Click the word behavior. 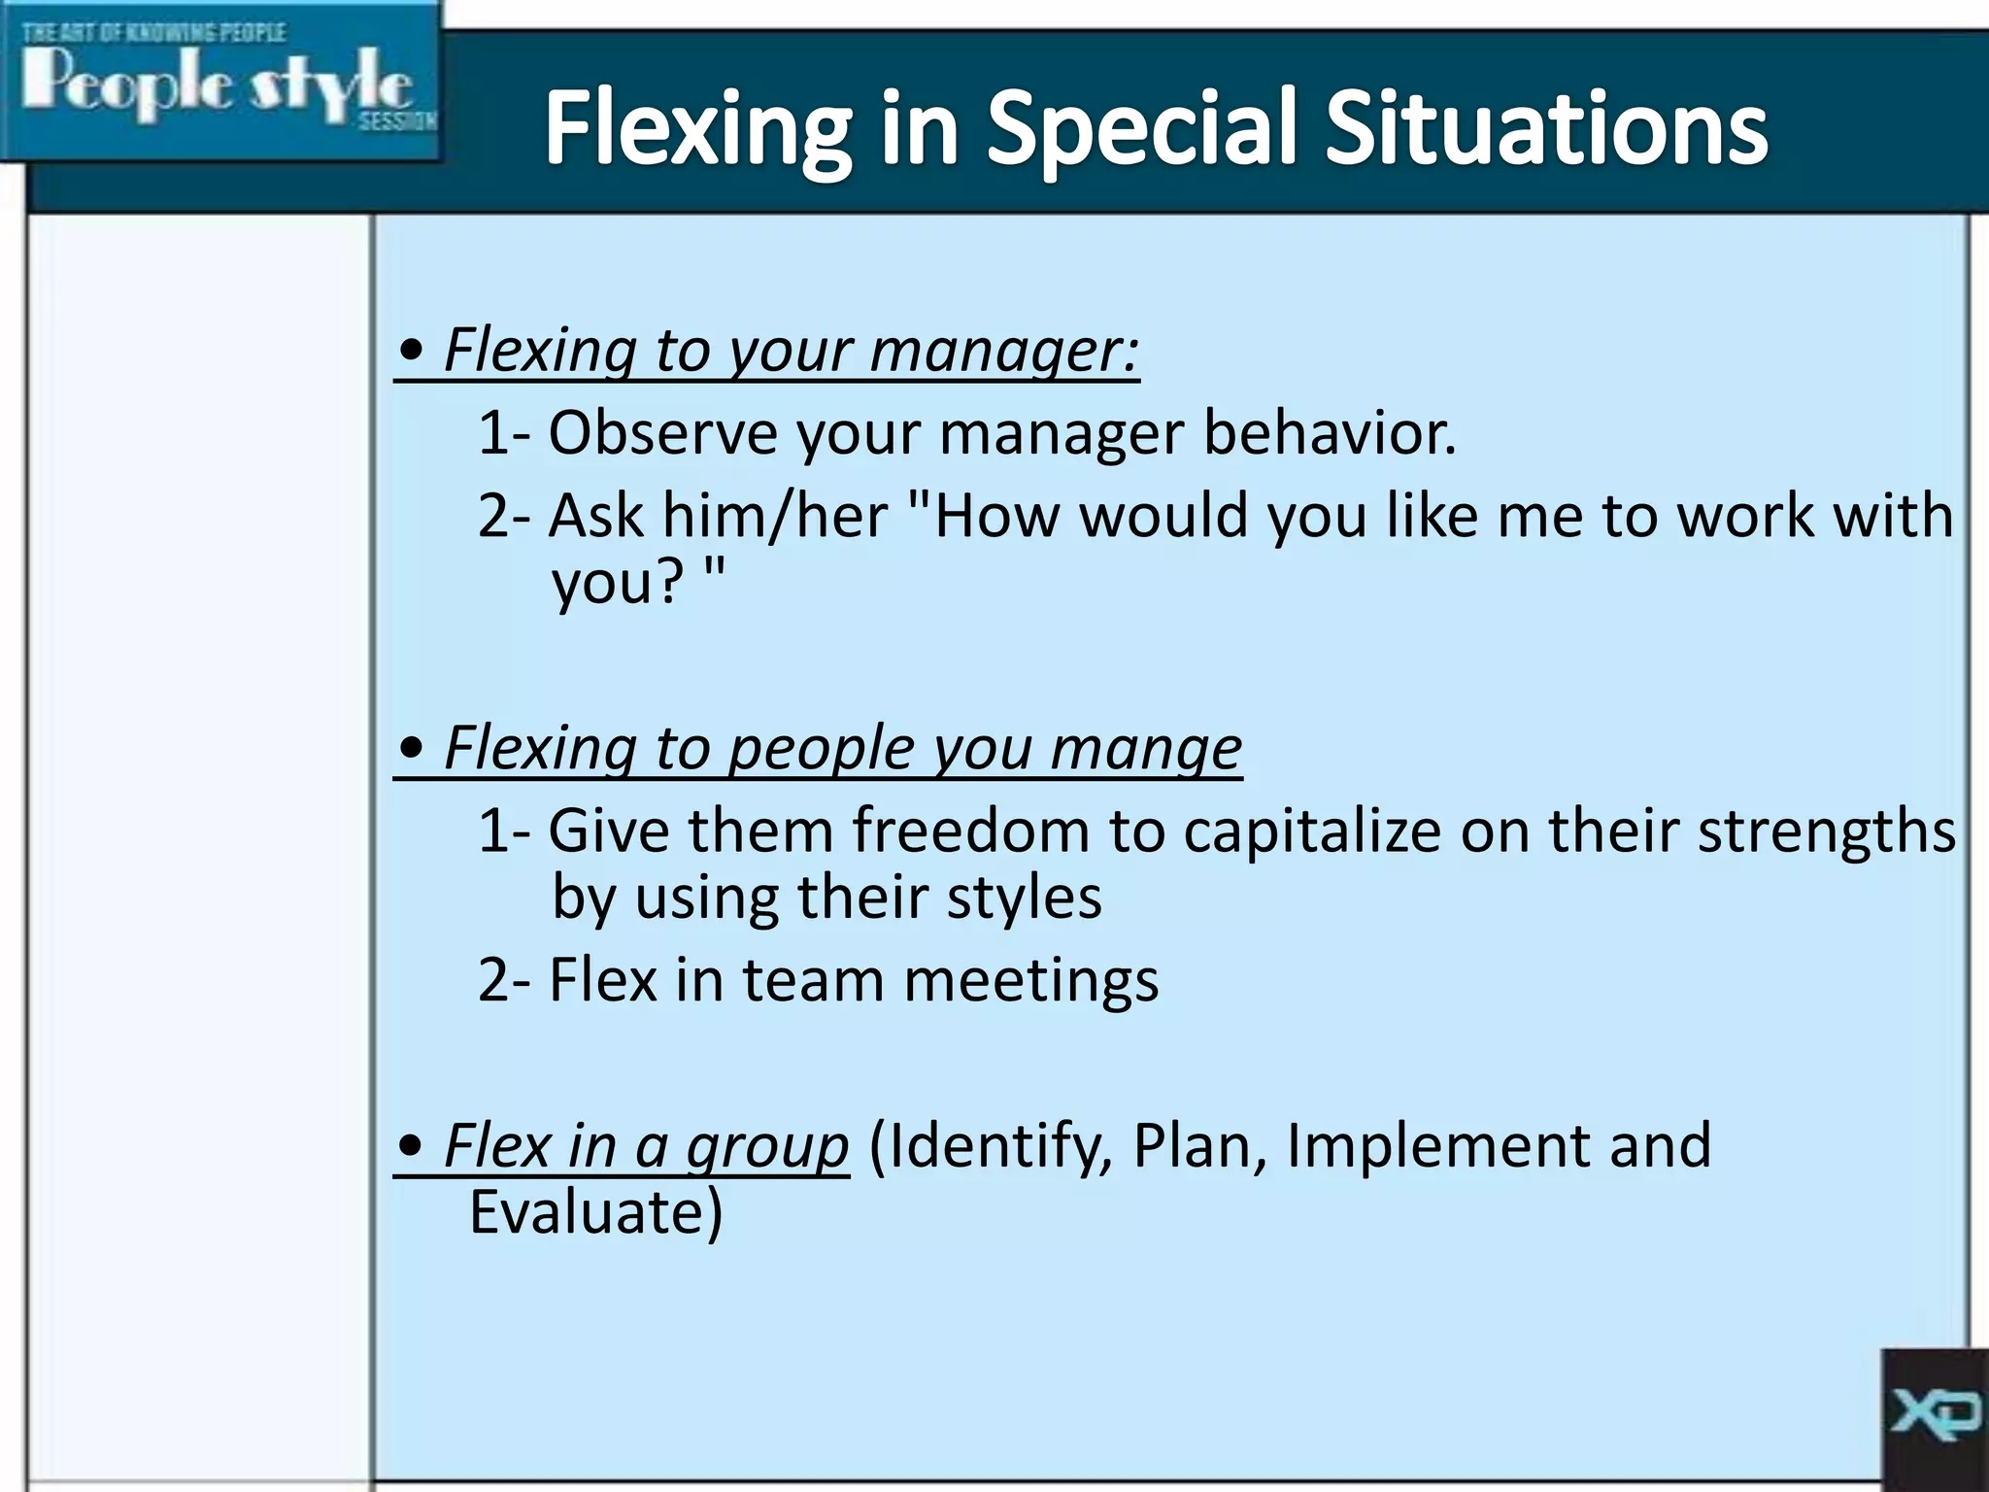coord(1330,432)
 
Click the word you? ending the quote coord(618,583)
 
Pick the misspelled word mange coord(1146,749)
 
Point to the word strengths coord(1826,831)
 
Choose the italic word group coord(767,1147)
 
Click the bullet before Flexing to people coord(412,749)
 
